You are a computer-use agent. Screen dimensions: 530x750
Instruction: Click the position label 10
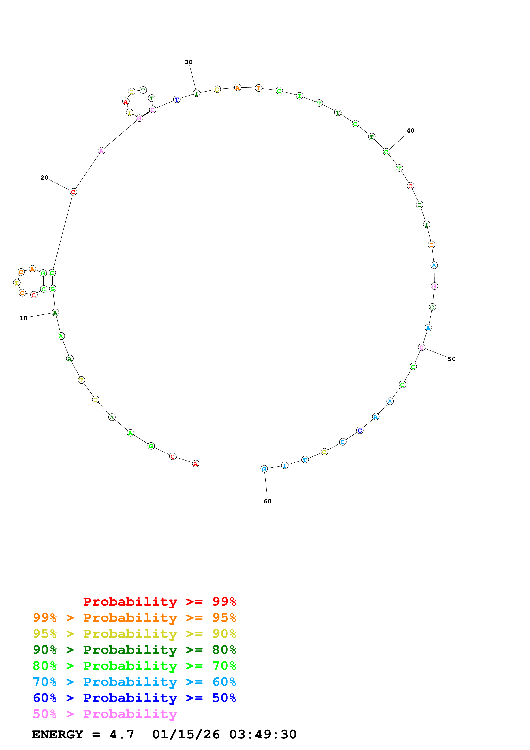point(23,318)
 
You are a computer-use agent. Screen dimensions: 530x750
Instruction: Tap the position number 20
point(44,178)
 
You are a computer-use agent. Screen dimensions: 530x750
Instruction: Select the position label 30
point(188,62)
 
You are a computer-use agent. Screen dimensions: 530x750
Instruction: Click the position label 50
point(451,359)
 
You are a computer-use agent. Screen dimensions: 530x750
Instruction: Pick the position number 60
point(267,501)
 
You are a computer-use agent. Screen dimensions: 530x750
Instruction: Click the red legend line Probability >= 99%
point(159,602)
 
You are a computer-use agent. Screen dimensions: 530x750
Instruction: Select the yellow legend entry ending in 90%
point(134,634)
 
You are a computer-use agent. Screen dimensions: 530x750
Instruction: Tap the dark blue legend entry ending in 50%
point(134,698)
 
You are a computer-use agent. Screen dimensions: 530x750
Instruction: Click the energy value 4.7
point(122,734)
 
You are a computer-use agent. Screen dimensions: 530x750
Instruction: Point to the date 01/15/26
point(186,734)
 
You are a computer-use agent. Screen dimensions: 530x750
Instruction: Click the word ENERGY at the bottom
point(58,734)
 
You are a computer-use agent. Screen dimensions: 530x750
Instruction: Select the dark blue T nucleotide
point(177,99)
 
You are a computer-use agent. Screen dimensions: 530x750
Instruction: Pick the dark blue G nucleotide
point(360,430)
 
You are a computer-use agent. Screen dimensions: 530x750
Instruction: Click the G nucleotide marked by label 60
point(264,469)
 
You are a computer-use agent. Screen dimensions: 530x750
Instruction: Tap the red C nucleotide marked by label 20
point(73,192)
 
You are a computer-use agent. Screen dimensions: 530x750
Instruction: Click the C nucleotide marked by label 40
point(386,152)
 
